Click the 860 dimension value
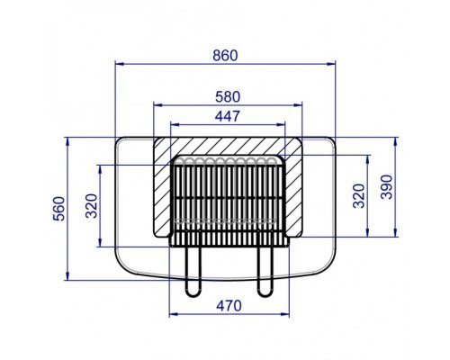coord(225,56)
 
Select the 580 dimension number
coord(228,97)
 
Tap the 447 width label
coord(228,116)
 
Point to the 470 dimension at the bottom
coord(229,306)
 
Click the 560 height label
coord(59,209)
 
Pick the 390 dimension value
coord(386,187)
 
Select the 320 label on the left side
coord(92,206)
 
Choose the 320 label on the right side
coord(359,196)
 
